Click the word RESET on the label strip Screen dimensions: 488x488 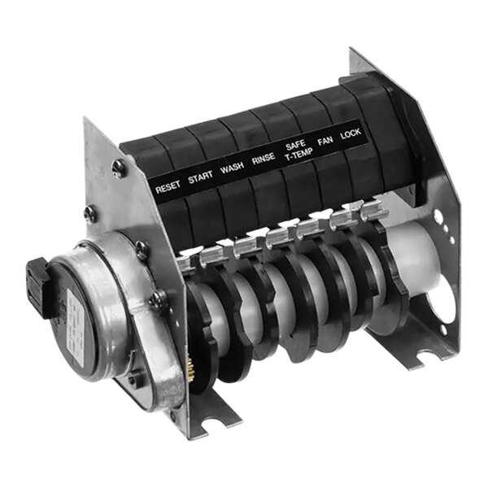[169, 186]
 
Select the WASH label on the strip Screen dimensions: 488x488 [232, 169]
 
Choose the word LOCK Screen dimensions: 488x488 [351, 135]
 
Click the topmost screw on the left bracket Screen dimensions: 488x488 [119, 168]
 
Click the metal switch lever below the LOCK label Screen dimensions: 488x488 [372, 213]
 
